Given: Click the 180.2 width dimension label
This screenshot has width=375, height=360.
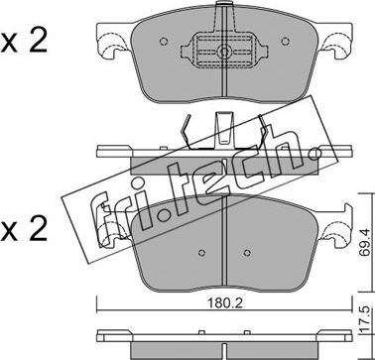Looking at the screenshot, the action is tap(225, 303).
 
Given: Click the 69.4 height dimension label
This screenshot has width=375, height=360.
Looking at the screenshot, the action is tap(365, 246).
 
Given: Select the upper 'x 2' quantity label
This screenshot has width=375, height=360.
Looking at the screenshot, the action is tap(24, 42).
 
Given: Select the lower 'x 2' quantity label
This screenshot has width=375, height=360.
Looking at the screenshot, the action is tap(24, 230).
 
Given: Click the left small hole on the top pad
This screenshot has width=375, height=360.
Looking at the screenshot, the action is tap(164, 42).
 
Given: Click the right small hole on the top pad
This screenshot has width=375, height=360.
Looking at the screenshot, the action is tap(285, 42).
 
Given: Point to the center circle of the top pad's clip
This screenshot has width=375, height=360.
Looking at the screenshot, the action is tap(224, 52).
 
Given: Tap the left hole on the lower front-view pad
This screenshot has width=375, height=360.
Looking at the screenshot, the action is tap(201, 253).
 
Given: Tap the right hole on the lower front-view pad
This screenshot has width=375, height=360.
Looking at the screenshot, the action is tap(247, 253).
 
